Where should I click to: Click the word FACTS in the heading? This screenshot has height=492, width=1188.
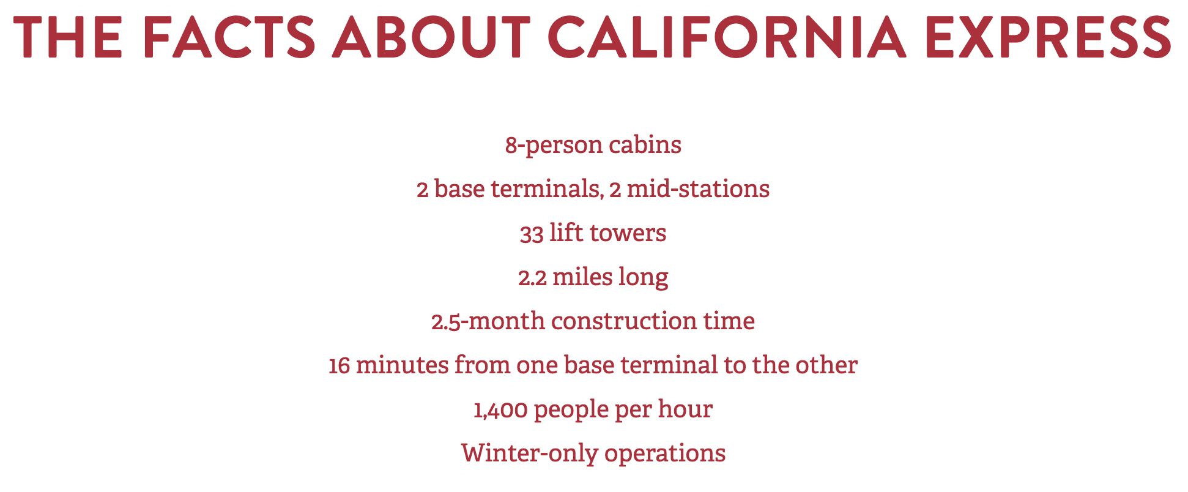(229, 37)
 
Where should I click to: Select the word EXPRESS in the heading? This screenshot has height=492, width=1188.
(1049, 37)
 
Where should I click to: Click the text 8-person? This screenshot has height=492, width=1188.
(554, 146)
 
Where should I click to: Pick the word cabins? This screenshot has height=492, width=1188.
(645, 145)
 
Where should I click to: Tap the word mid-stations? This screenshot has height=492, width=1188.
(698, 190)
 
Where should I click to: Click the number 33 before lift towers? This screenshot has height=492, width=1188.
(532, 234)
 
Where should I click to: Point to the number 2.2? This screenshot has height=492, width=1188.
(532, 278)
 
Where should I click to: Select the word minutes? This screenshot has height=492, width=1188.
(401, 366)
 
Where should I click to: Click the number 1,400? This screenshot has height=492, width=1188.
(500, 410)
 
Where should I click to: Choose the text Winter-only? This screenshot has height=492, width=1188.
(529, 454)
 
